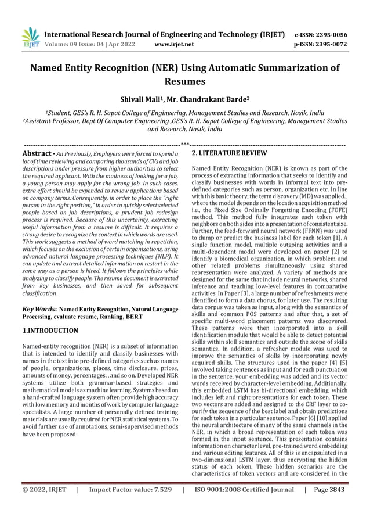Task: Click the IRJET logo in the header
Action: click(30, 38)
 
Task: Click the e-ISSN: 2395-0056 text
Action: click(323, 34)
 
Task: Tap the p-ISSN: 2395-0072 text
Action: click(323, 44)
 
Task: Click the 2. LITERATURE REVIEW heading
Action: click(229, 153)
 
